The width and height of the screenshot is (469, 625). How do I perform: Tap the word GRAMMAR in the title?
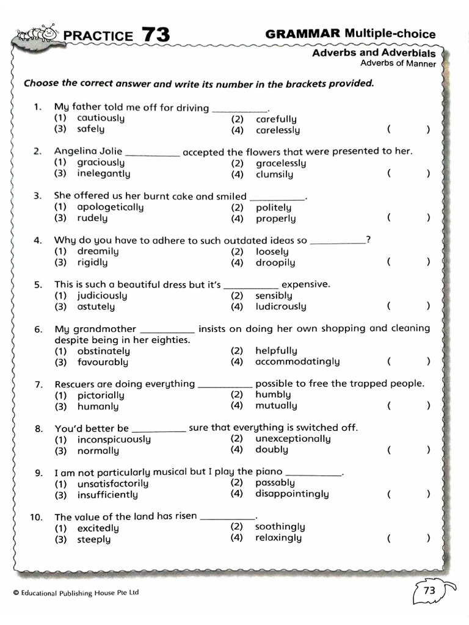point(303,34)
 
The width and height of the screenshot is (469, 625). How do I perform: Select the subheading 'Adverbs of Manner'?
point(398,63)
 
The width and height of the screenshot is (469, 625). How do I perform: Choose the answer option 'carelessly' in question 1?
point(278,130)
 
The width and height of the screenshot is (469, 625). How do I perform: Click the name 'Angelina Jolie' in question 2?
point(88,151)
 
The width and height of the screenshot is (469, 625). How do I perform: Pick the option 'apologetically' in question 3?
point(111,207)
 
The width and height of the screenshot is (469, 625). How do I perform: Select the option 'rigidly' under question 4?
point(92,262)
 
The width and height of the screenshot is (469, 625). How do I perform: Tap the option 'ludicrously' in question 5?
point(281,306)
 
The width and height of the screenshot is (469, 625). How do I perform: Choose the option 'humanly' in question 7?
point(98,406)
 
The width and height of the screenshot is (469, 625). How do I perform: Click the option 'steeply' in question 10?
point(94,539)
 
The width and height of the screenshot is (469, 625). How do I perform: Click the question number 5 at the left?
point(38,284)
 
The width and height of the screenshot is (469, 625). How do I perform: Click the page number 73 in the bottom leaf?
point(429,590)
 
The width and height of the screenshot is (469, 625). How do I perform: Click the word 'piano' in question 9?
point(269,471)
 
